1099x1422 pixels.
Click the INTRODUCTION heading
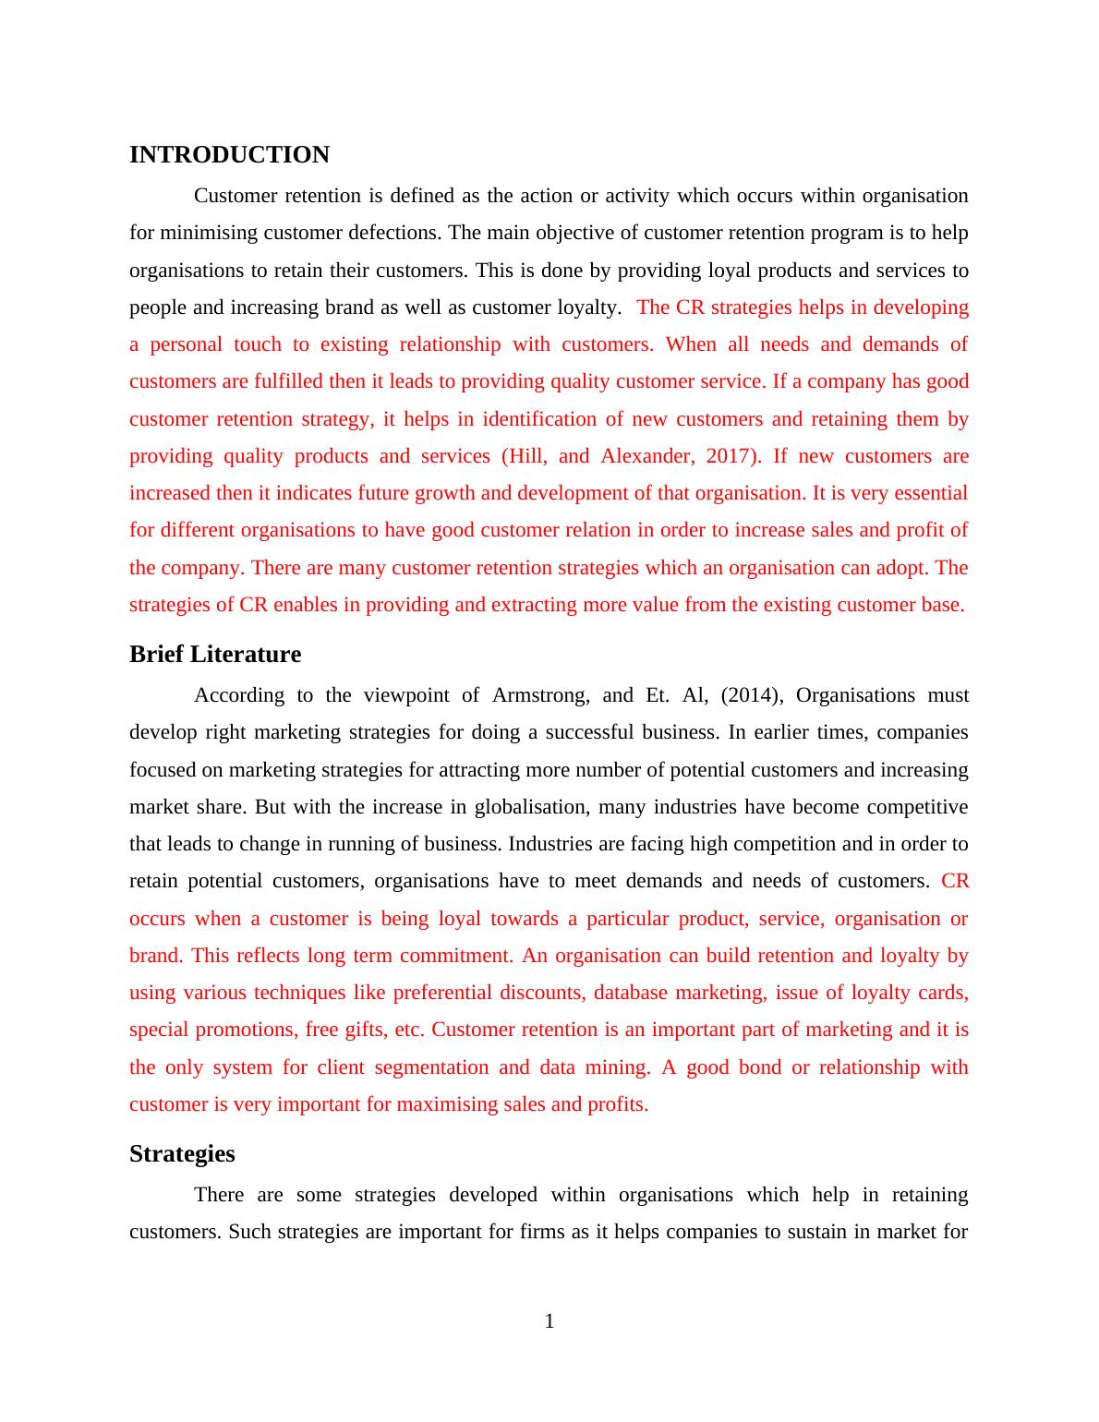click(229, 155)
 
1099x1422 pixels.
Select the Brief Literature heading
click(215, 655)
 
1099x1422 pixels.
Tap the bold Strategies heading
click(182, 1154)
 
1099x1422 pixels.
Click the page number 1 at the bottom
click(549, 1321)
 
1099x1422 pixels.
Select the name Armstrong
click(540, 695)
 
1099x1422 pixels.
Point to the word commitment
click(455, 956)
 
